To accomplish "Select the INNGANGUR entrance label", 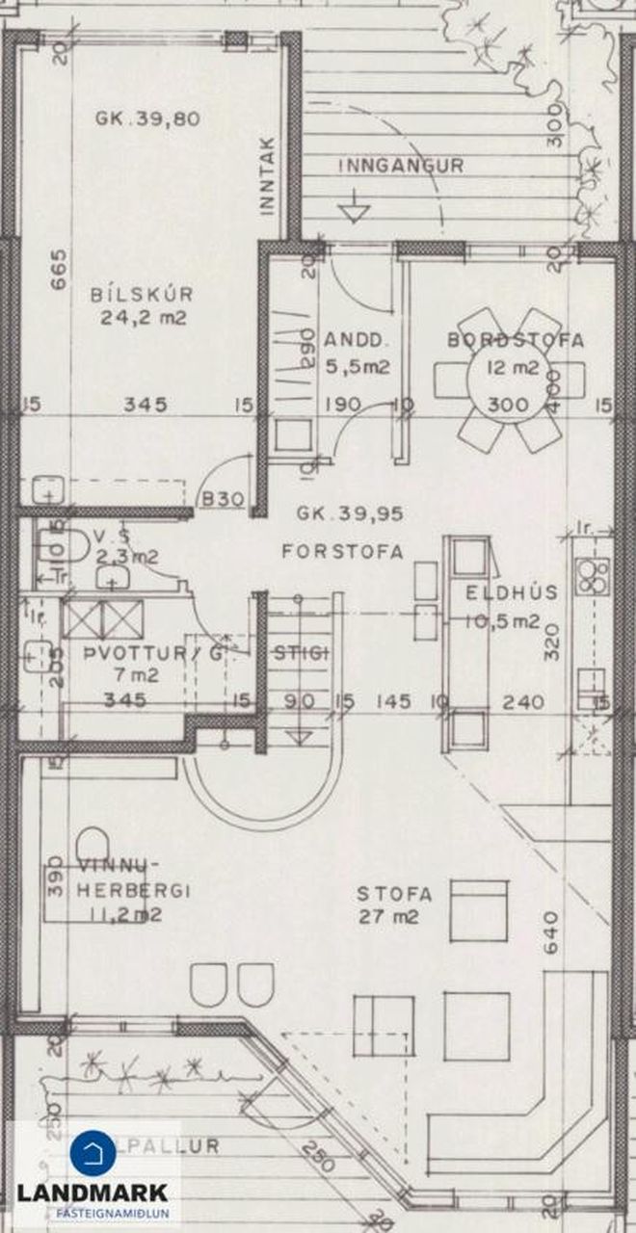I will [401, 166].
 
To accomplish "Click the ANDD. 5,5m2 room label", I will [357, 353].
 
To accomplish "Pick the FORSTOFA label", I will [342, 552].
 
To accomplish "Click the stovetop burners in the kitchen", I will [590, 575].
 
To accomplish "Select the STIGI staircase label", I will [301, 653].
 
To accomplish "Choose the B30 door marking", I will [222, 498].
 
